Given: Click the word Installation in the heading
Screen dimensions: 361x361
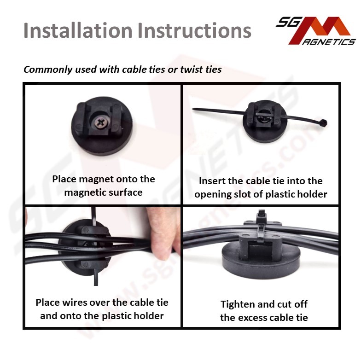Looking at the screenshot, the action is click(78, 30).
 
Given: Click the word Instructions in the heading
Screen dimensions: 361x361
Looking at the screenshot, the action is click(194, 30).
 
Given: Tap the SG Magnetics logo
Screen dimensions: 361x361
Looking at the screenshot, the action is click(316, 31).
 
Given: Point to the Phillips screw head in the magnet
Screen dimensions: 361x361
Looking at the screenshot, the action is click(100, 122).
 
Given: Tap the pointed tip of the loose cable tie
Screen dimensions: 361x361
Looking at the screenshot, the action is click(193, 109).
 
